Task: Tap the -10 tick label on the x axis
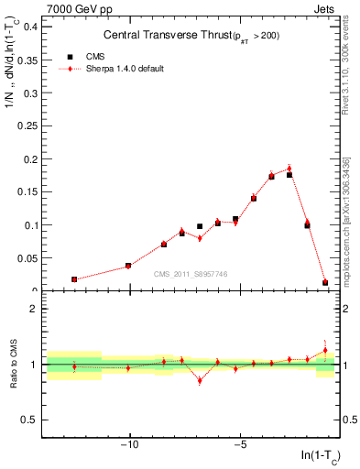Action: (x=129, y=446)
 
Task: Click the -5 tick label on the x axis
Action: (x=238, y=446)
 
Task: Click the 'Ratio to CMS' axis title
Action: (x=13, y=364)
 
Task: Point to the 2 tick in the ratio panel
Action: (x=34, y=309)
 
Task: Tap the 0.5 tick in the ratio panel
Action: (x=30, y=420)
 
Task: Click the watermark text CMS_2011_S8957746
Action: (x=191, y=274)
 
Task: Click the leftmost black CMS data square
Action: (x=74, y=279)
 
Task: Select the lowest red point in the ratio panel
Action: (x=200, y=380)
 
